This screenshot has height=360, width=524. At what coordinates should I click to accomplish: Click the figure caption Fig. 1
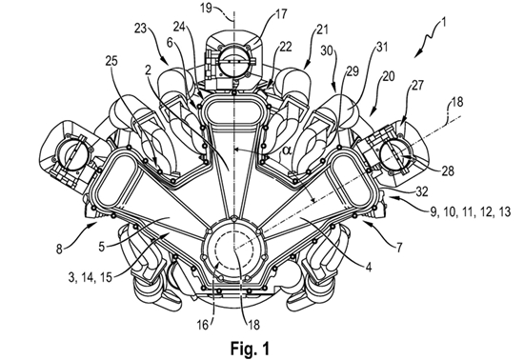click(x=250, y=349)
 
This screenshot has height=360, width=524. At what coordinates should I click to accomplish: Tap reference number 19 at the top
click(x=207, y=8)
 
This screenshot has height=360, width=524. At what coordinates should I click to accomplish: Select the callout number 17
click(x=281, y=14)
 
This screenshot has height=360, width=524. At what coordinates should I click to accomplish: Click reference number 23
click(x=141, y=29)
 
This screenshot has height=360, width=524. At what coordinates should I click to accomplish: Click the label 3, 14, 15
click(x=90, y=278)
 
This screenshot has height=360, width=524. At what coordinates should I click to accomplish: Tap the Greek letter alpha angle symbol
click(x=287, y=150)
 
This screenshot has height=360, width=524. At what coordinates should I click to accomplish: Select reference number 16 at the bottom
click(x=203, y=325)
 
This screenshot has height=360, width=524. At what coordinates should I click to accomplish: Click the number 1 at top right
click(x=443, y=23)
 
